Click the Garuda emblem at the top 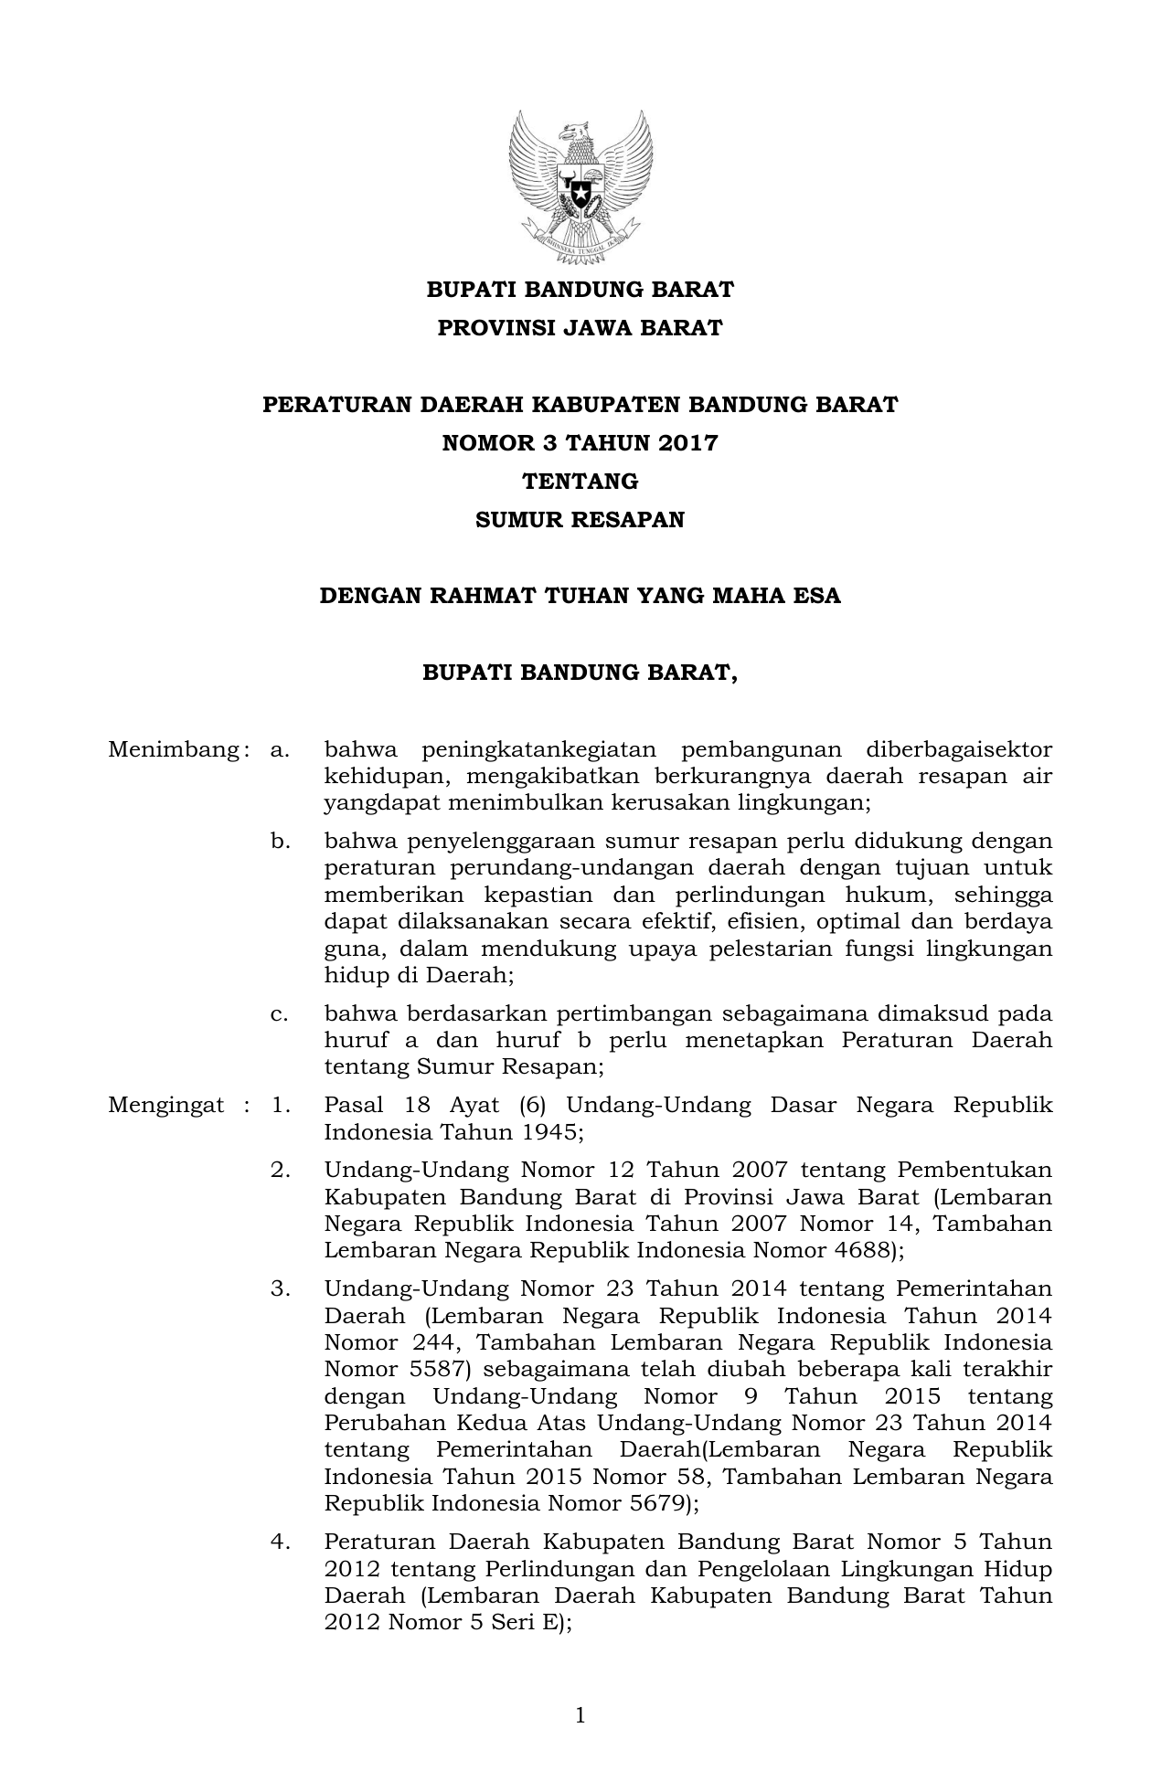(x=580, y=186)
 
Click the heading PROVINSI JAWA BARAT (x=580, y=328)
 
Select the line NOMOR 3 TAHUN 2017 (x=580, y=443)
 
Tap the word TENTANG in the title (x=580, y=482)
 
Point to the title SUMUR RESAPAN (x=580, y=520)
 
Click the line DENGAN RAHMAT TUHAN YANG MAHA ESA (x=580, y=597)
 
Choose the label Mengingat (x=165, y=1106)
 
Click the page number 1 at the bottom (x=580, y=1716)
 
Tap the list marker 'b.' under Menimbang (x=280, y=841)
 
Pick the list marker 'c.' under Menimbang (x=280, y=1013)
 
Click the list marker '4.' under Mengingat (x=280, y=1542)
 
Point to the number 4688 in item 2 (x=855, y=1250)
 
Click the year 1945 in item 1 (x=546, y=1132)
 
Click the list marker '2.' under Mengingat (x=280, y=1171)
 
